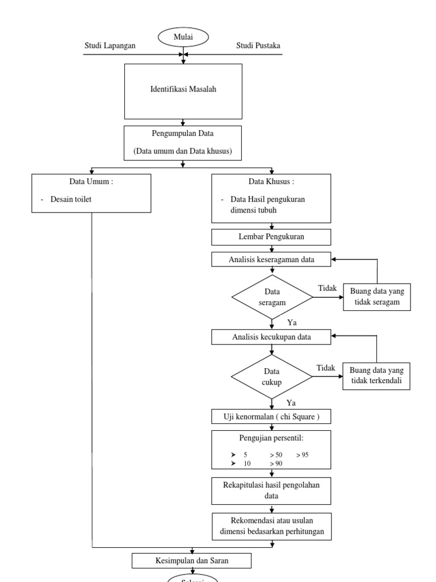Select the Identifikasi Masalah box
click(183, 91)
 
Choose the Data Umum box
click(91, 193)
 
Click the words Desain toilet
click(75, 199)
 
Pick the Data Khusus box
click(271, 198)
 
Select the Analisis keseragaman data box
click(271, 259)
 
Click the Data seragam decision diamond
click(271, 297)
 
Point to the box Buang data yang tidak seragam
click(377, 297)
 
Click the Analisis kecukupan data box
click(271, 337)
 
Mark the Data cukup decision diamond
click(271, 376)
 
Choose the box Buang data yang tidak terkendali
click(377, 376)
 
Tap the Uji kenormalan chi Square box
click(271, 417)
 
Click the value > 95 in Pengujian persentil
click(302, 455)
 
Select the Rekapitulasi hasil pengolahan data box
click(271, 490)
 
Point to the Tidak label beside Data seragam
click(328, 289)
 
